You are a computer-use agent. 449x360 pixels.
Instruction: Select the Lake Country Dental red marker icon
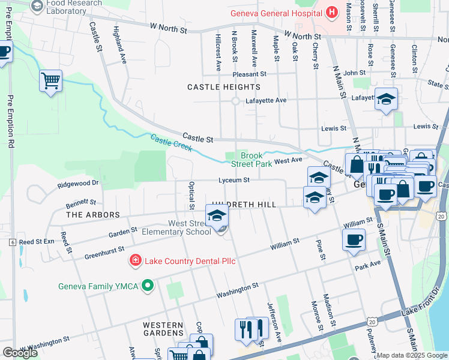(x=136, y=261)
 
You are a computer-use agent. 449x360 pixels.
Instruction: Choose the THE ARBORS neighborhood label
(x=93, y=214)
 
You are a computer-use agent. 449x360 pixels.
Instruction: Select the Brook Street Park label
(x=257, y=158)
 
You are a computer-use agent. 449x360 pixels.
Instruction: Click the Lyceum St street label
(x=234, y=179)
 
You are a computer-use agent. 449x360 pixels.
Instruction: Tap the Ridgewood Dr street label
(x=78, y=183)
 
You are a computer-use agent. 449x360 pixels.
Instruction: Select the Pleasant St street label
(x=250, y=74)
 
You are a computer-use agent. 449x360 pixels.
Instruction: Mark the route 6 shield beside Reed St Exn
(x=12, y=242)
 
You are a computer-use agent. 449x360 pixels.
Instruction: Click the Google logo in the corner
(x=20, y=353)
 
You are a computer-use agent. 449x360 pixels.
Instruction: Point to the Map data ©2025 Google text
(x=412, y=355)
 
